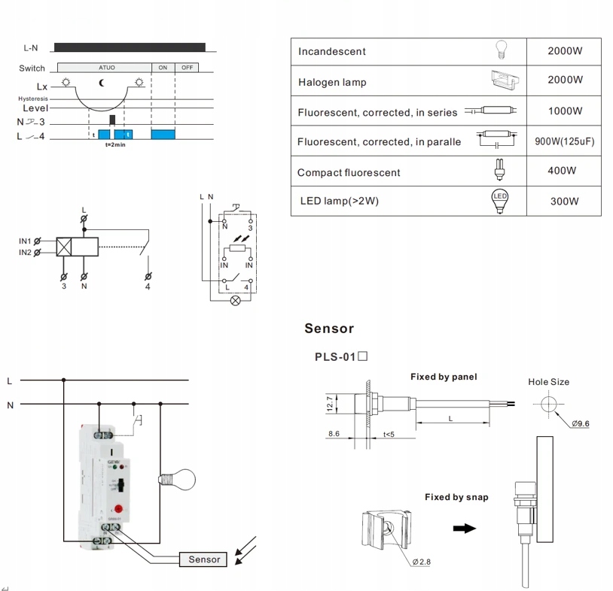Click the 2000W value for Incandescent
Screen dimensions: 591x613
(564, 51)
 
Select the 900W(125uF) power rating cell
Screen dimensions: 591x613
(564, 141)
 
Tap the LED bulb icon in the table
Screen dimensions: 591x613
(499, 201)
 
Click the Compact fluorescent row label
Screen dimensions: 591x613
(349, 172)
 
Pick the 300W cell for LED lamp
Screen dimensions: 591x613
(564, 202)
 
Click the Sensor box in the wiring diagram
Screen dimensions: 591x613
(204, 559)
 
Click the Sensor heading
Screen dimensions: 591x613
(329, 329)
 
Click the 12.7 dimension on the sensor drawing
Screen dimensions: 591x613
(329, 405)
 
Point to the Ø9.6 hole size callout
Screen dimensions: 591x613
(580, 424)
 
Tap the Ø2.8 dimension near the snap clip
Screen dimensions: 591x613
(421, 561)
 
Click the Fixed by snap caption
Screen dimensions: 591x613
(456, 497)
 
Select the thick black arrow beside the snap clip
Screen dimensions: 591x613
(465, 528)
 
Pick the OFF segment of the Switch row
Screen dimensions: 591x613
(187, 68)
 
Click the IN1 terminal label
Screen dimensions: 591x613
(26, 241)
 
